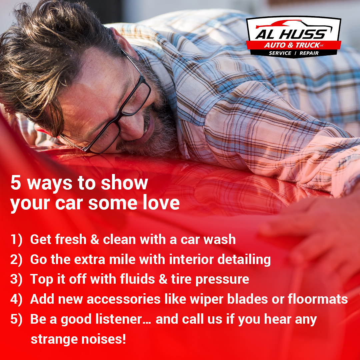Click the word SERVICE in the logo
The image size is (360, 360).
tap(280, 53)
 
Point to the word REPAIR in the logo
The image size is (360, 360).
tap(309, 53)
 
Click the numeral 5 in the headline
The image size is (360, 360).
tap(16, 183)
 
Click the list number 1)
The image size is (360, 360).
tap(16, 239)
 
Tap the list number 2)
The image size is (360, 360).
tap(16, 259)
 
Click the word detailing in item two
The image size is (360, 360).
tap(244, 260)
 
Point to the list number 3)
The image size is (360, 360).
tap(16, 279)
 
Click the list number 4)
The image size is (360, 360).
tap(16, 299)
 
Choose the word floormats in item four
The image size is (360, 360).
tap(318, 299)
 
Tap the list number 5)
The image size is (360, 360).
tap(16, 319)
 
